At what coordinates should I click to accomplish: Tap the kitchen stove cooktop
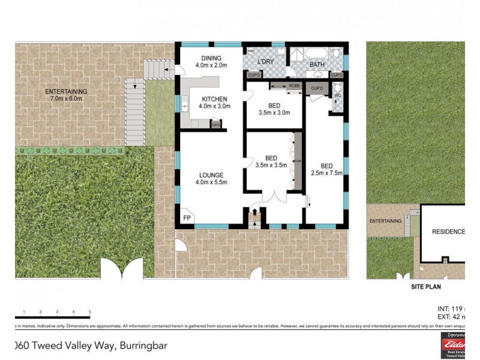pos(195,124)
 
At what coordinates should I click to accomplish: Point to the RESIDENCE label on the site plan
pos(448,232)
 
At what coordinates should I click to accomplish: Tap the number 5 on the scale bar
pos(90,312)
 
